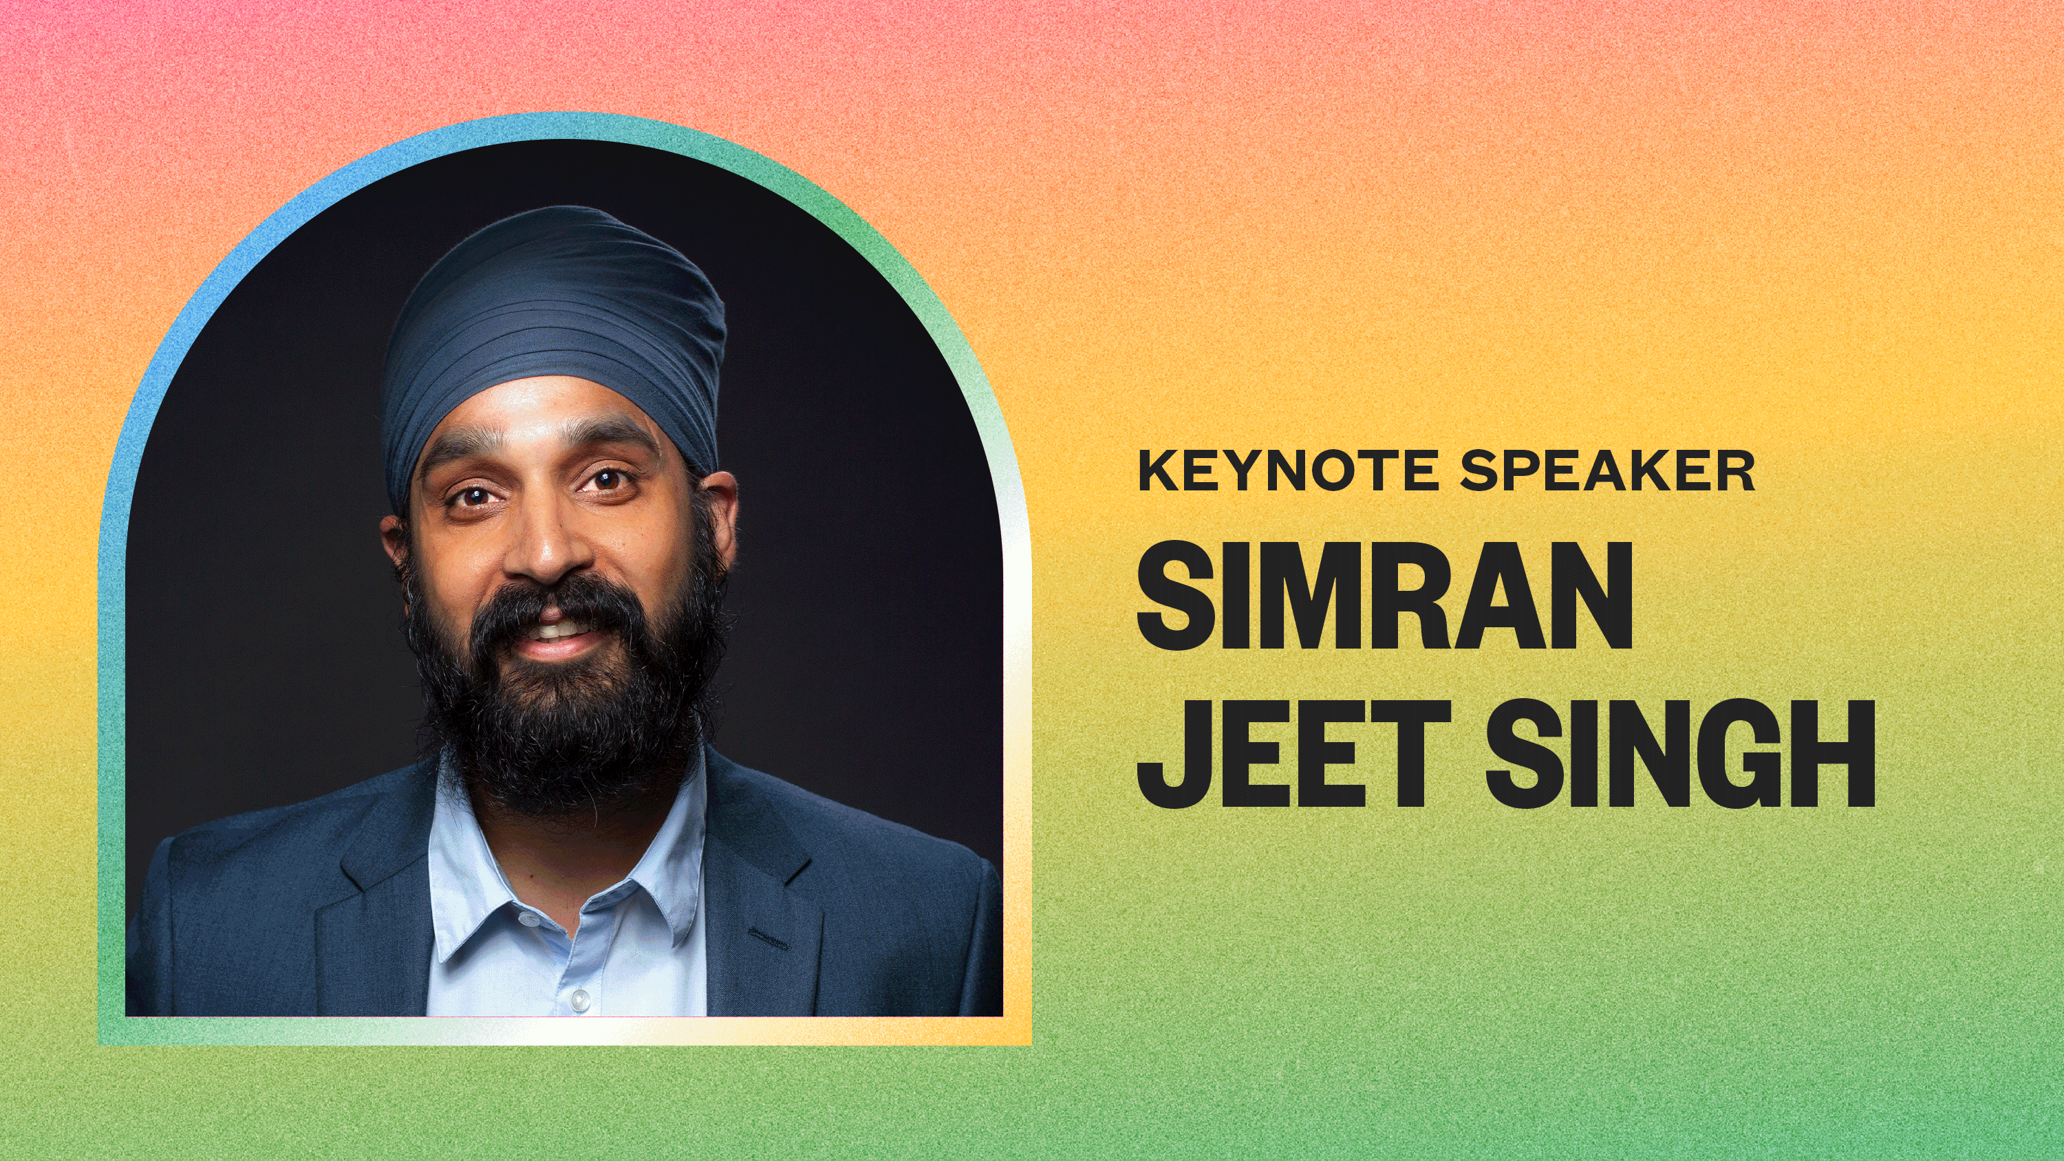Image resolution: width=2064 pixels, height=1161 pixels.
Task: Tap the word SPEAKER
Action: click(x=1607, y=470)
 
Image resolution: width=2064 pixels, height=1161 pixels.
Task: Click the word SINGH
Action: click(x=1680, y=752)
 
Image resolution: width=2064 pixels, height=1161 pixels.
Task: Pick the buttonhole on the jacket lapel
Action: click(x=768, y=934)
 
